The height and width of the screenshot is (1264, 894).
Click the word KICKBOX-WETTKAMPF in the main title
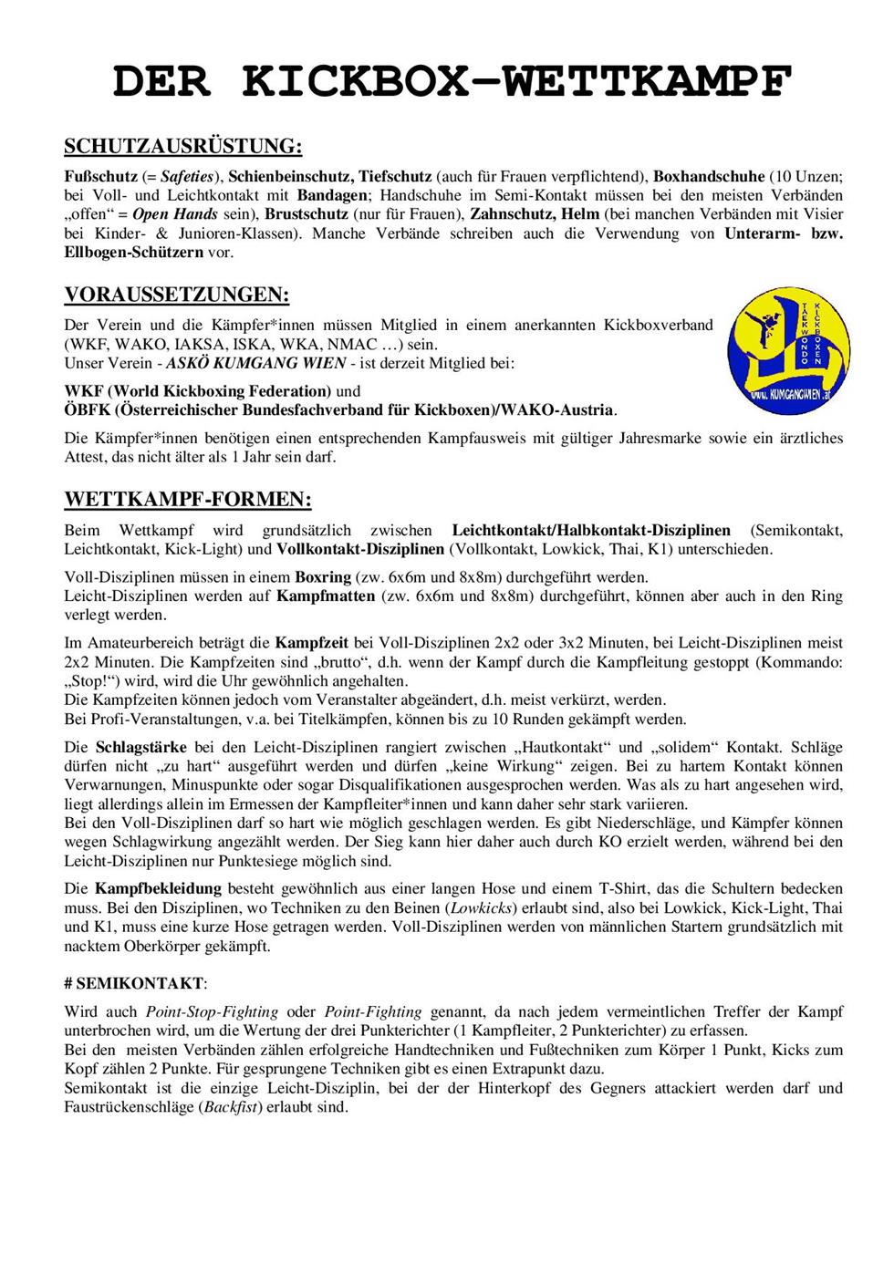pos(516,82)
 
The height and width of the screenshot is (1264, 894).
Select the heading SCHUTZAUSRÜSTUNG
pos(182,147)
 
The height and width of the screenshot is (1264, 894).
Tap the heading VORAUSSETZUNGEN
pos(177,295)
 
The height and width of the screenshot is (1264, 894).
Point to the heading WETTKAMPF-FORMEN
pos(188,500)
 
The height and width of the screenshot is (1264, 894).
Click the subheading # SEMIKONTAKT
pos(136,984)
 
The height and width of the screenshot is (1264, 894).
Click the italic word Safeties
pos(187,176)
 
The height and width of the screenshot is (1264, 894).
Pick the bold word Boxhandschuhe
pos(709,176)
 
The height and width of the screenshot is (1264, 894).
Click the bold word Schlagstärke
pos(140,748)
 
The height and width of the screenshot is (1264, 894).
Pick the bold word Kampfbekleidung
pos(158,888)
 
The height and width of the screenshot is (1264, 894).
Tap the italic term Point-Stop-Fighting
pos(213,1011)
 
